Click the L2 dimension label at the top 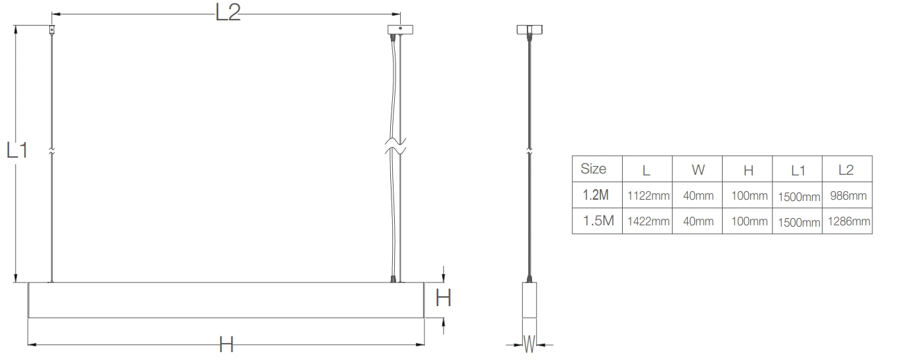pyautogui.click(x=228, y=12)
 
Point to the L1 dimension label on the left pyautogui.click(x=17, y=150)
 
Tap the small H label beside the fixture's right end pyautogui.click(x=443, y=298)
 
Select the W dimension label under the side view pyautogui.click(x=529, y=344)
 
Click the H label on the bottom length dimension pyautogui.click(x=226, y=345)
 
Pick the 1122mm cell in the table pyautogui.click(x=648, y=196)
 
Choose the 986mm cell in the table pyautogui.click(x=848, y=195)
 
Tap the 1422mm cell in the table pyautogui.click(x=648, y=221)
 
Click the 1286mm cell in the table pyautogui.click(x=849, y=221)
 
